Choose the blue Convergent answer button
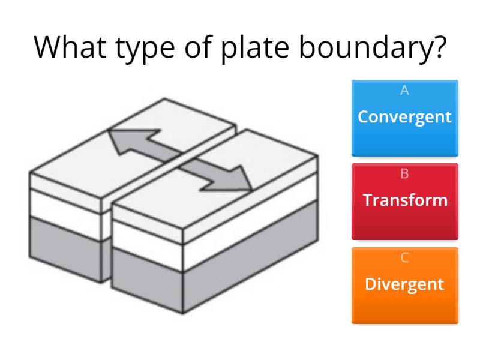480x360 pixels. click(x=404, y=118)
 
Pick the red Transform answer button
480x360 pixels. click(x=404, y=202)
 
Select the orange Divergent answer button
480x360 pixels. click(x=404, y=286)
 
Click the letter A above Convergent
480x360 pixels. click(x=404, y=91)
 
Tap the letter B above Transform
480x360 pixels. click(x=404, y=174)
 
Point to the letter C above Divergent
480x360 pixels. click(x=404, y=258)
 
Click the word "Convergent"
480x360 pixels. click(x=404, y=116)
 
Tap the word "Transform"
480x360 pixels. click(x=404, y=200)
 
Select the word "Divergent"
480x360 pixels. click(x=404, y=284)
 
